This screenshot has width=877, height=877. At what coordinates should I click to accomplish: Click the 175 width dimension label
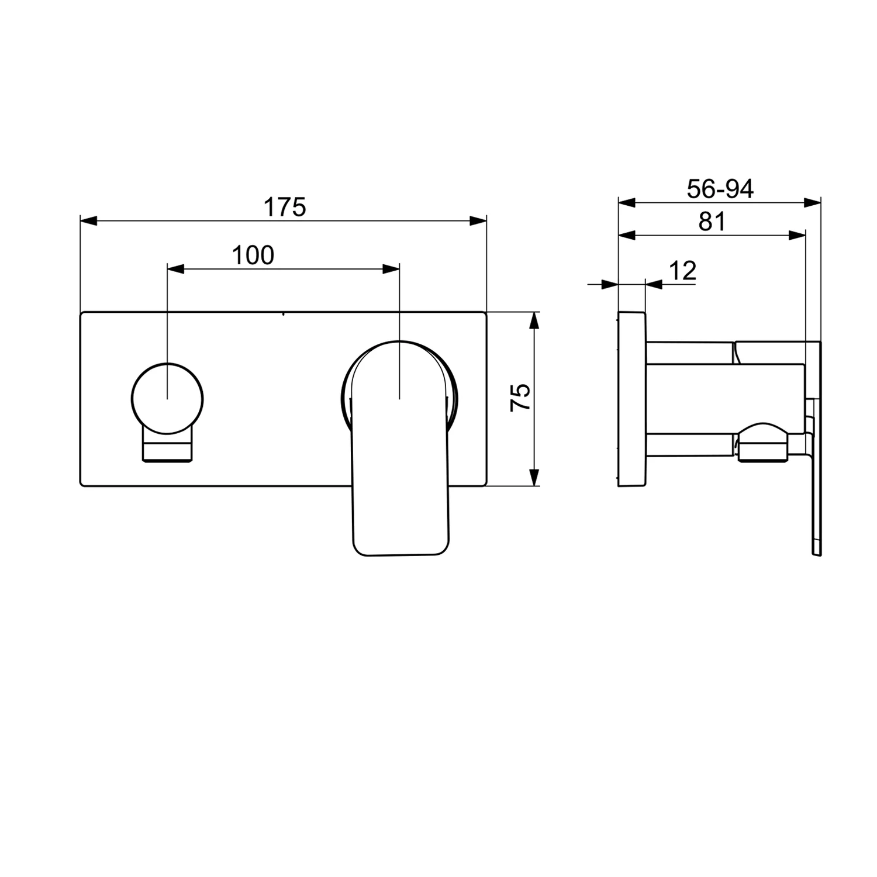coord(285,207)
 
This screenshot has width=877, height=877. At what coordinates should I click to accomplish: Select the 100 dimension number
coord(253,255)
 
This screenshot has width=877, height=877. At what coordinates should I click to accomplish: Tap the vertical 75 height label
coord(520,397)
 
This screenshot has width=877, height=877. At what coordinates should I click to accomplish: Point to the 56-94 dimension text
coord(720,189)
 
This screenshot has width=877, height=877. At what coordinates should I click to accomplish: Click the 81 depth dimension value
coord(712,222)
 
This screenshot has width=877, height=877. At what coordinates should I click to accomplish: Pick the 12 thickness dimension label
coord(682,271)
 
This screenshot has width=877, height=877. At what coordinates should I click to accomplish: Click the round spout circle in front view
coord(168,399)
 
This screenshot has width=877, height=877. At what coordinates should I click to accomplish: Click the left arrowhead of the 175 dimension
coord(88,221)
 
